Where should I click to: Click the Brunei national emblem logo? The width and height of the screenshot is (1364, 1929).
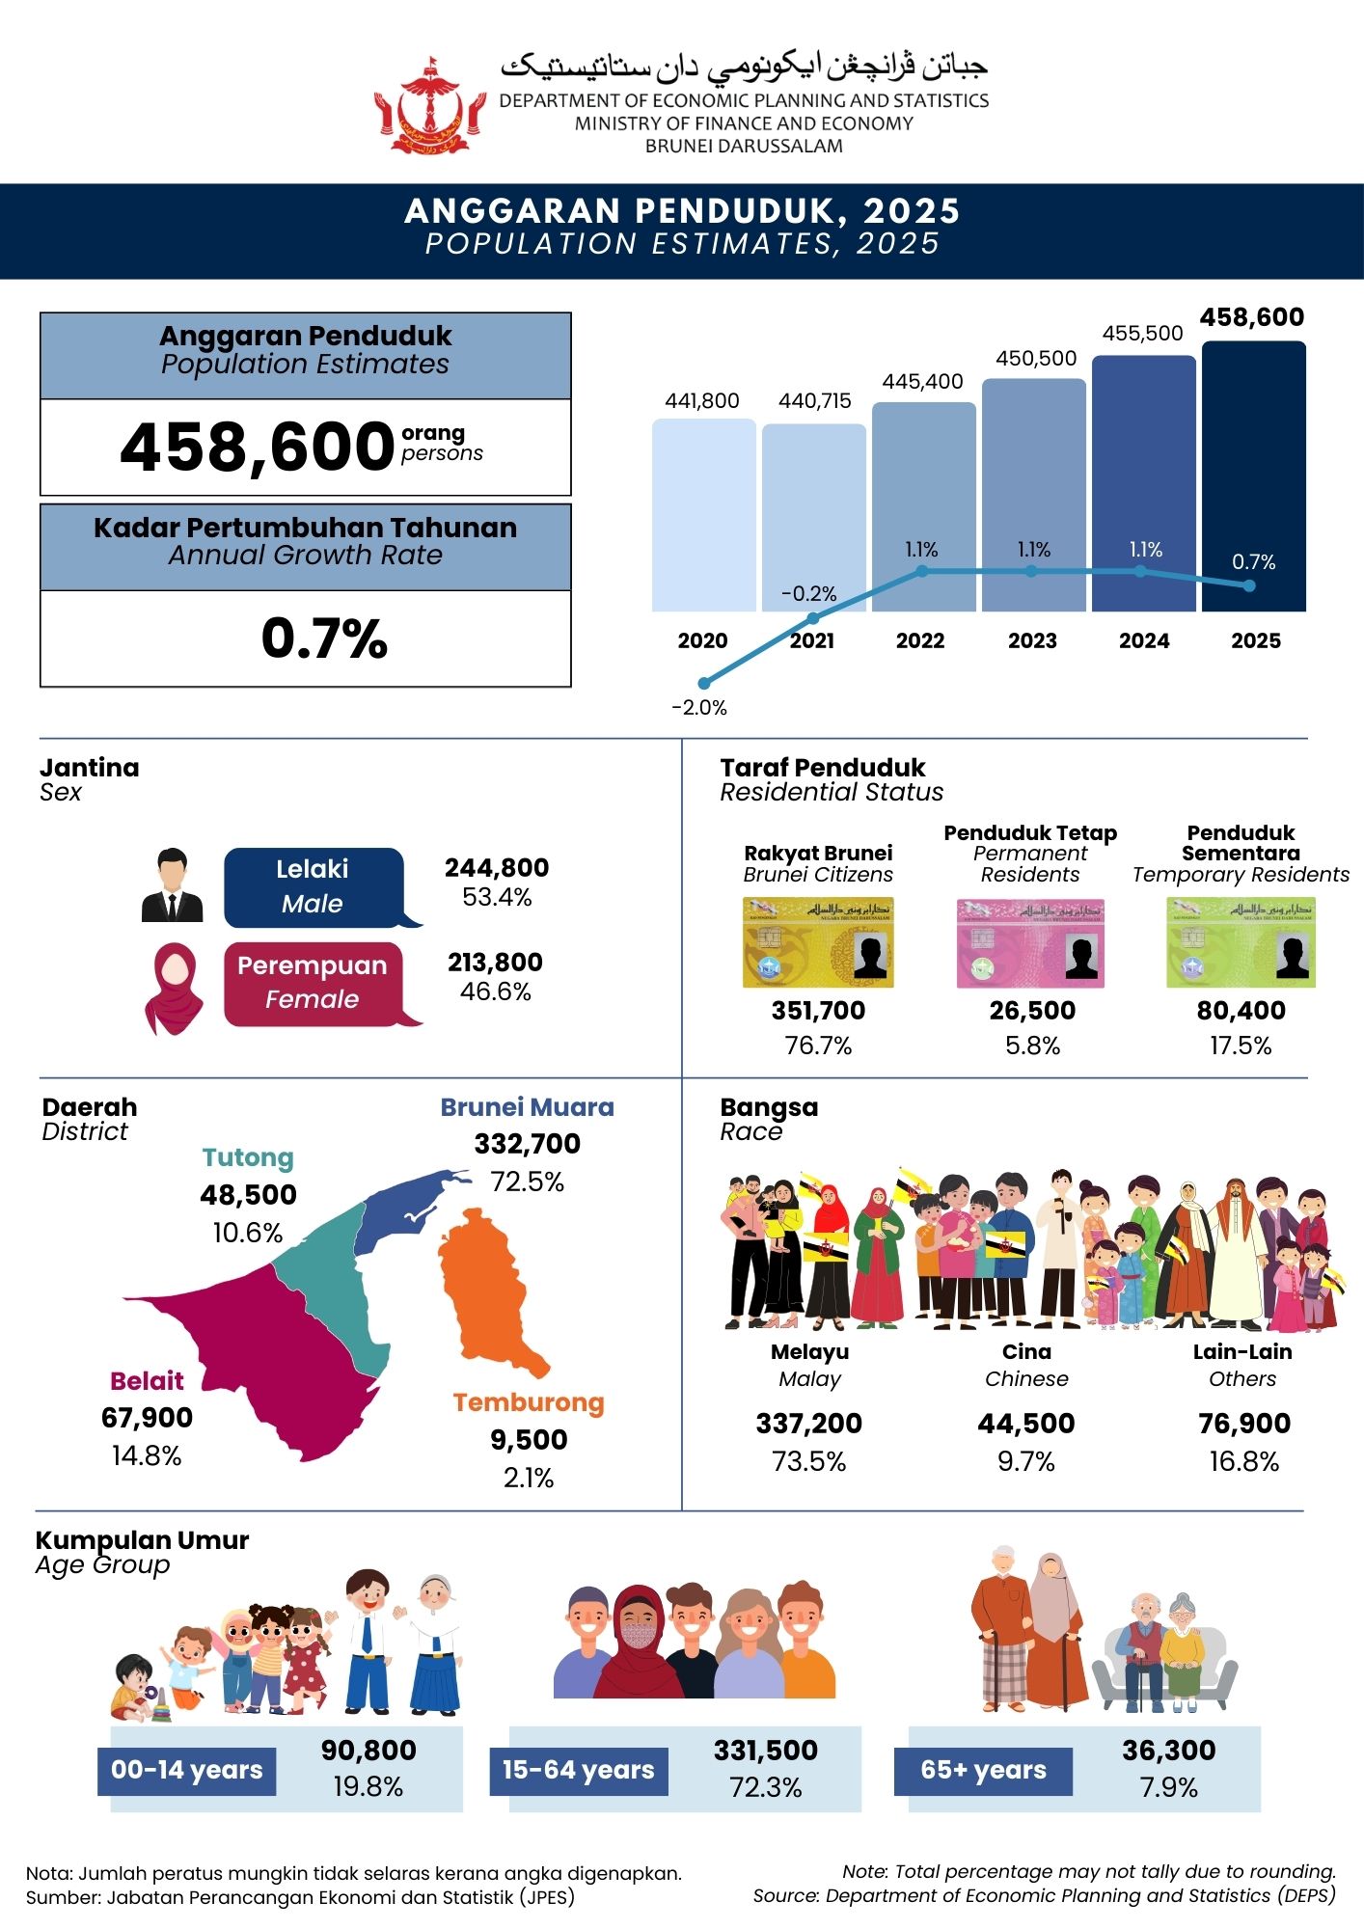tap(430, 106)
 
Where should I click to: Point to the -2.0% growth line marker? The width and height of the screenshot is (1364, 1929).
tap(703, 683)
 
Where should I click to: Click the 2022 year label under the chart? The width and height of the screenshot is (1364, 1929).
tap(920, 641)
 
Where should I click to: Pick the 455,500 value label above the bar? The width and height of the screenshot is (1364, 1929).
tap(1142, 334)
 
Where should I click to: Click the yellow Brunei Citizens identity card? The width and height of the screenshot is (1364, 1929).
tap(818, 942)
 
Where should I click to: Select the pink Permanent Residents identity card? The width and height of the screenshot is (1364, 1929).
tap(1030, 943)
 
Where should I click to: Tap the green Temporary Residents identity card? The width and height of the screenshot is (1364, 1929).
tap(1241, 942)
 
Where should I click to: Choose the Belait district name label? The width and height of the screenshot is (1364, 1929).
tap(147, 1381)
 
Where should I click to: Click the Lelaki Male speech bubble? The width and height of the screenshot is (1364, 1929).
tap(314, 886)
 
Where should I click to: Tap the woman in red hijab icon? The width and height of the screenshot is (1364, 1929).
tap(174, 989)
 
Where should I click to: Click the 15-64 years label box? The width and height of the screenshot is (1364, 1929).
tap(579, 1771)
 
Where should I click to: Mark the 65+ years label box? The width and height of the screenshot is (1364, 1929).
tap(983, 1771)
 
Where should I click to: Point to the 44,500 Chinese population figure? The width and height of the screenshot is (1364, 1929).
tap(1026, 1424)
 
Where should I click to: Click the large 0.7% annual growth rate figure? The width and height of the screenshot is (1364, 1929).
tap(324, 638)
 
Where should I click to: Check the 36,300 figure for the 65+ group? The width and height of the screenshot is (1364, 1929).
tap(1168, 1751)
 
